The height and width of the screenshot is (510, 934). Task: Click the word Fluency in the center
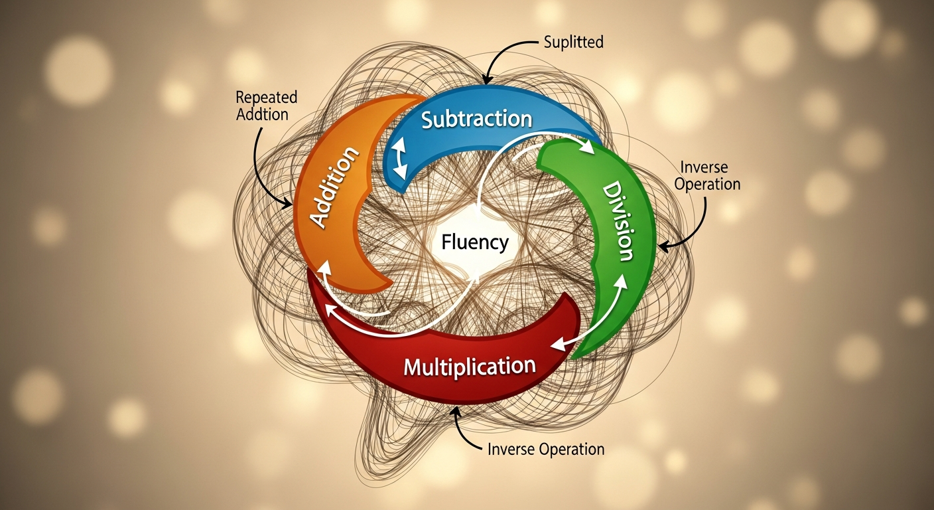tap(475, 242)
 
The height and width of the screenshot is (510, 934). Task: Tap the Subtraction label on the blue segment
tap(476, 120)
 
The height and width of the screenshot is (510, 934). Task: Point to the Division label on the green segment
tap(618, 222)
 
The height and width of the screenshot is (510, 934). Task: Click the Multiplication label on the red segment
tap(470, 366)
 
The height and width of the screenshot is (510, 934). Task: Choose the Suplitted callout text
tap(573, 42)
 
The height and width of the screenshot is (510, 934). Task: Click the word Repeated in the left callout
tap(266, 98)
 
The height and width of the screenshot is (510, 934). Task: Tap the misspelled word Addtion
tap(262, 114)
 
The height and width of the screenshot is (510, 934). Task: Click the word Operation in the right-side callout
tap(707, 184)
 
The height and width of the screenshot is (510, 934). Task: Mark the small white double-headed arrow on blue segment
tap(399, 162)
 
